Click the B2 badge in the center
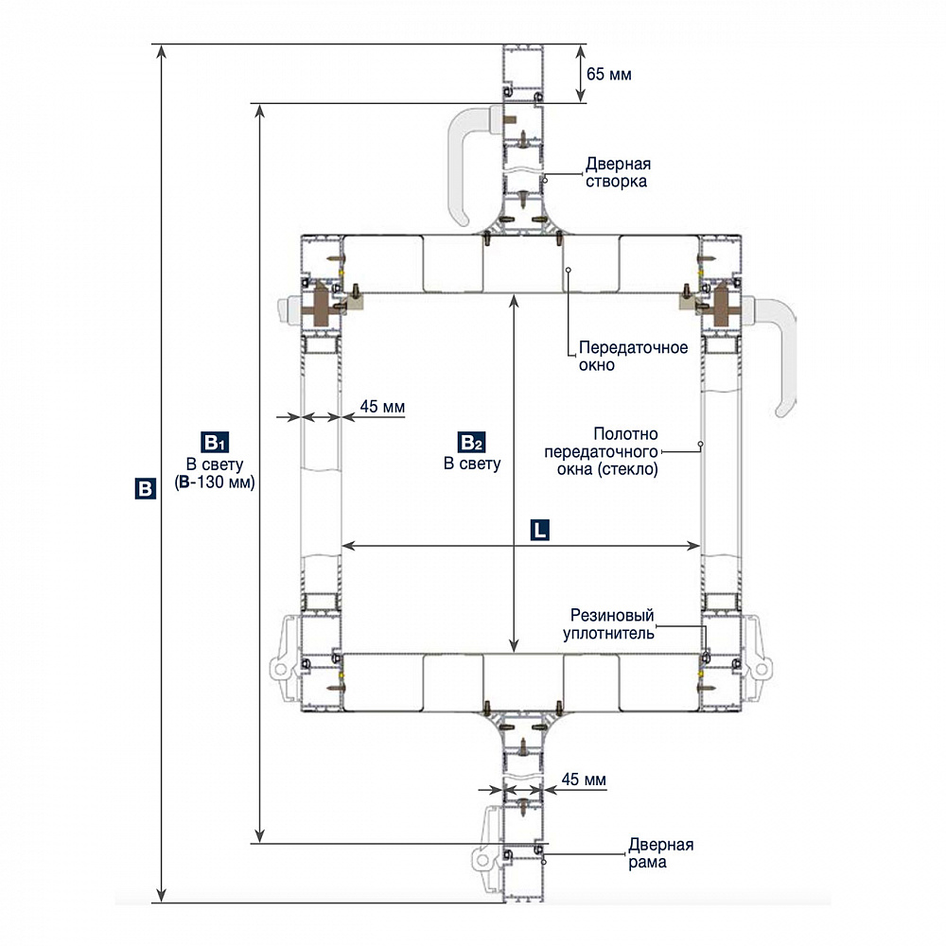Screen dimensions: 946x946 471,442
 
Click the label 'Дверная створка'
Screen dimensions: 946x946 617,173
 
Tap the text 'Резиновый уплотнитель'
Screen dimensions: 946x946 610,624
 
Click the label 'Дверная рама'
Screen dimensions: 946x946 660,853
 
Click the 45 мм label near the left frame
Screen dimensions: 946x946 382,408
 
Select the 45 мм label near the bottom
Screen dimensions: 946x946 584,780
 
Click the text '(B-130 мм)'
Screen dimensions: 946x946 217,482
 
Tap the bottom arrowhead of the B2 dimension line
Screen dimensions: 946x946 513,645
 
